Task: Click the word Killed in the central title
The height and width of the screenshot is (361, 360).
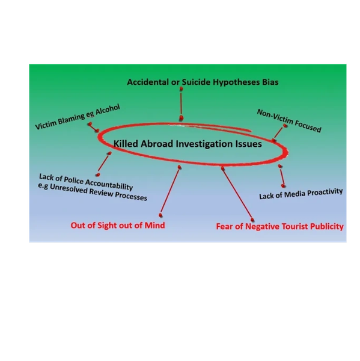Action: coord(126,144)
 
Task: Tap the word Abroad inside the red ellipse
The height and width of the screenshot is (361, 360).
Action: coord(157,144)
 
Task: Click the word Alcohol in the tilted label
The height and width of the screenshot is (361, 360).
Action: coord(108,110)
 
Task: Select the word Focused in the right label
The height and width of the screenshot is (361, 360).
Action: coord(308,126)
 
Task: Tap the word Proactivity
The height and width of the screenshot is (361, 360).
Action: coord(325,192)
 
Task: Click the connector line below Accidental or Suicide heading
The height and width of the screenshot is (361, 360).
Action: coord(182,103)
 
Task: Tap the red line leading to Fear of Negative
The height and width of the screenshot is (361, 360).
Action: coord(237,194)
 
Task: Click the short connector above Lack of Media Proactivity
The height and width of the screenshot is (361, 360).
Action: coord(281,176)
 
